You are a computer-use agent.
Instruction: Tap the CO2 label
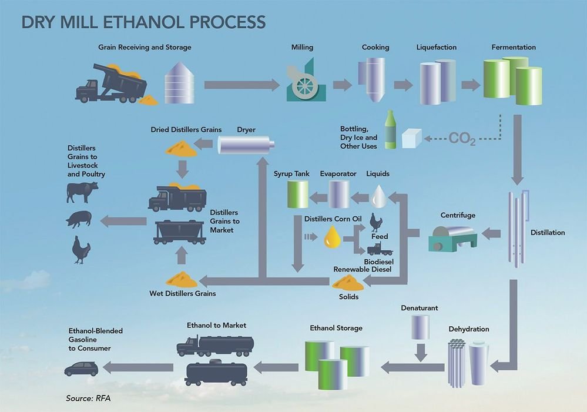pyautogui.click(x=462, y=139)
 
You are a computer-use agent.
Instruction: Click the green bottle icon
pyautogui.click(x=390, y=130)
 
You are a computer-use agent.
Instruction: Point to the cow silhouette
pyautogui.click(x=82, y=192)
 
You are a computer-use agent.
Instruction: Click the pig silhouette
pyautogui.click(x=79, y=220)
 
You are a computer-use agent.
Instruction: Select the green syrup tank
pyautogui.click(x=298, y=194)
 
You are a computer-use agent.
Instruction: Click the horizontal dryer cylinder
pyautogui.click(x=246, y=143)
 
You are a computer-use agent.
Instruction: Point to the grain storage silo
pyautogui.click(x=176, y=83)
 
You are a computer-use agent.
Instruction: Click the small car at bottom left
pyautogui.click(x=81, y=369)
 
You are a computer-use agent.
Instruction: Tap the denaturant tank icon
pyautogui.click(x=420, y=327)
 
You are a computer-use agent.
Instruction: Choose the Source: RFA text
pyautogui.click(x=88, y=398)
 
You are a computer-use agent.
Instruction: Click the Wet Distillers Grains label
pyautogui.click(x=182, y=293)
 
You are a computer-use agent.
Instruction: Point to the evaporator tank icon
pyautogui.click(x=338, y=194)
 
